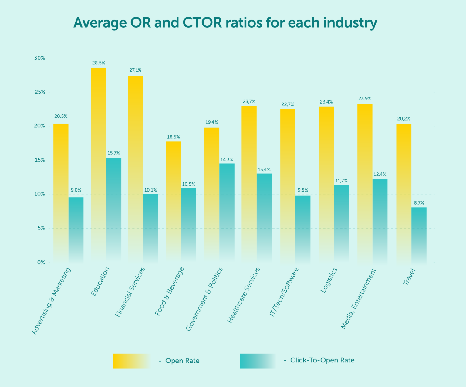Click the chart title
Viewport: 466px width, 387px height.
(225, 23)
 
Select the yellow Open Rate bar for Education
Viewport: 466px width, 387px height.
(99, 164)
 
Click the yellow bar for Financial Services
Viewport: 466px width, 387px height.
(135, 168)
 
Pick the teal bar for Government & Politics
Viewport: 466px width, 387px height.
(227, 212)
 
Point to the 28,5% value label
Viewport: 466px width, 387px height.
(99, 63)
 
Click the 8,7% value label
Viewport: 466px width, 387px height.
(419, 203)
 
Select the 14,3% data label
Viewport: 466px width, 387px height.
(227, 159)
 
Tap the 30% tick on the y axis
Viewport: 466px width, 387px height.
(39, 58)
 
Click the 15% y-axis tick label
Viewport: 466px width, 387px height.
(39, 160)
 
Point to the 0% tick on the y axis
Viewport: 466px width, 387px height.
(41, 262)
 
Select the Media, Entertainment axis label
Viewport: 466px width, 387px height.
(358, 299)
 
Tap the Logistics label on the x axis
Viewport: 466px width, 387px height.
(329, 280)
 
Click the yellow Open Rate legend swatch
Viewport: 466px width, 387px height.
(131, 361)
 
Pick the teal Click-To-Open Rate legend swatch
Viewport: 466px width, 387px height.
(258, 361)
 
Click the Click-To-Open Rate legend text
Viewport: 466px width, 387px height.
(322, 360)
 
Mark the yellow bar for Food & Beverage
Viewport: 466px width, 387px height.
(174, 200)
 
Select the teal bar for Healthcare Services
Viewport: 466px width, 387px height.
(264, 217)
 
